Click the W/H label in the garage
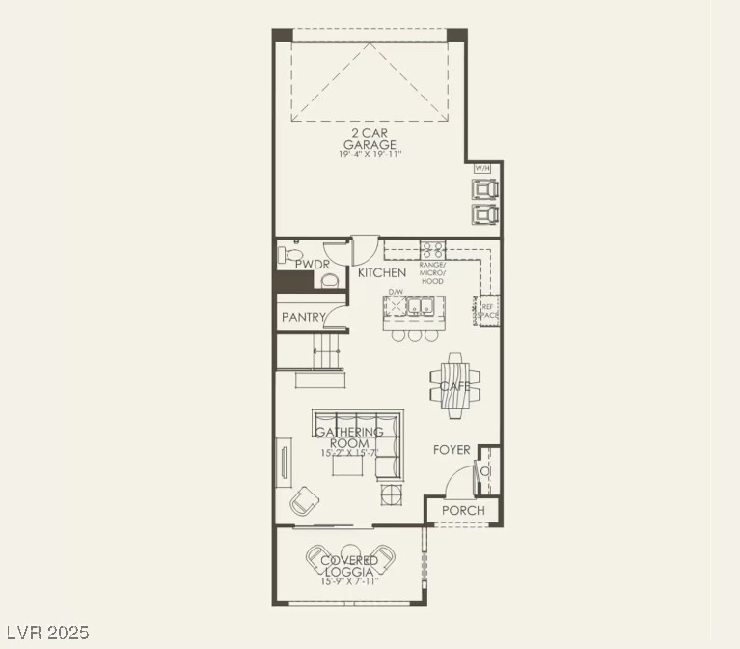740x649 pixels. point(482,168)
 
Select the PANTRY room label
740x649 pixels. point(301,317)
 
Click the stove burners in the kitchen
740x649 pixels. point(431,248)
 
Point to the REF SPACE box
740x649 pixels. point(488,310)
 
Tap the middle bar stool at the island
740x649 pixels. point(415,335)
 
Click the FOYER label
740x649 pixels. point(452,450)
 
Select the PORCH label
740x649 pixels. point(462,510)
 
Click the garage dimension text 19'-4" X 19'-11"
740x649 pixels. point(370,155)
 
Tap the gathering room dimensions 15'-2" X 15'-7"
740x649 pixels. point(349,453)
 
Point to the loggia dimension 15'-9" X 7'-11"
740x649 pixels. point(349,581)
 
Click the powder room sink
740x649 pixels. point(330,280)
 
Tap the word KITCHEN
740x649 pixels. point(382,273)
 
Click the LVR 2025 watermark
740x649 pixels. point(46,634)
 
